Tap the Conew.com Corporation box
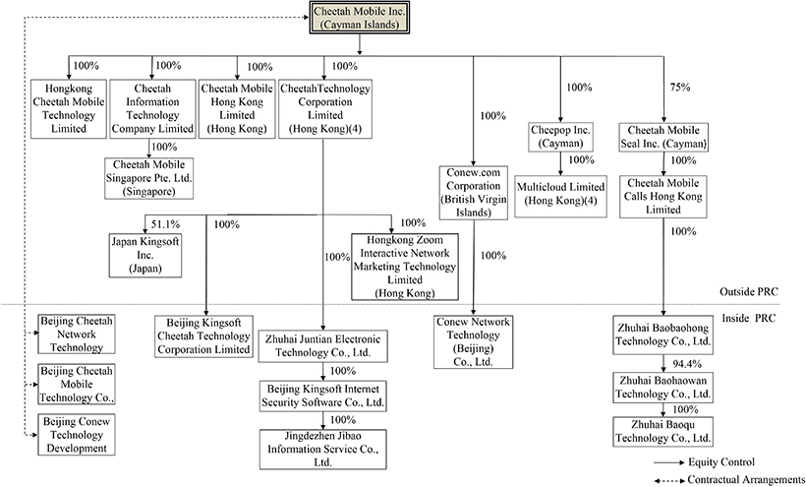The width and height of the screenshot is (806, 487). click(x=473, y=191)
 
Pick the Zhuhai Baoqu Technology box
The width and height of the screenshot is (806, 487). click(x=664, y=430)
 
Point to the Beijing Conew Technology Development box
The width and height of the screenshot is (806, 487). click(x=74, y=434)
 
